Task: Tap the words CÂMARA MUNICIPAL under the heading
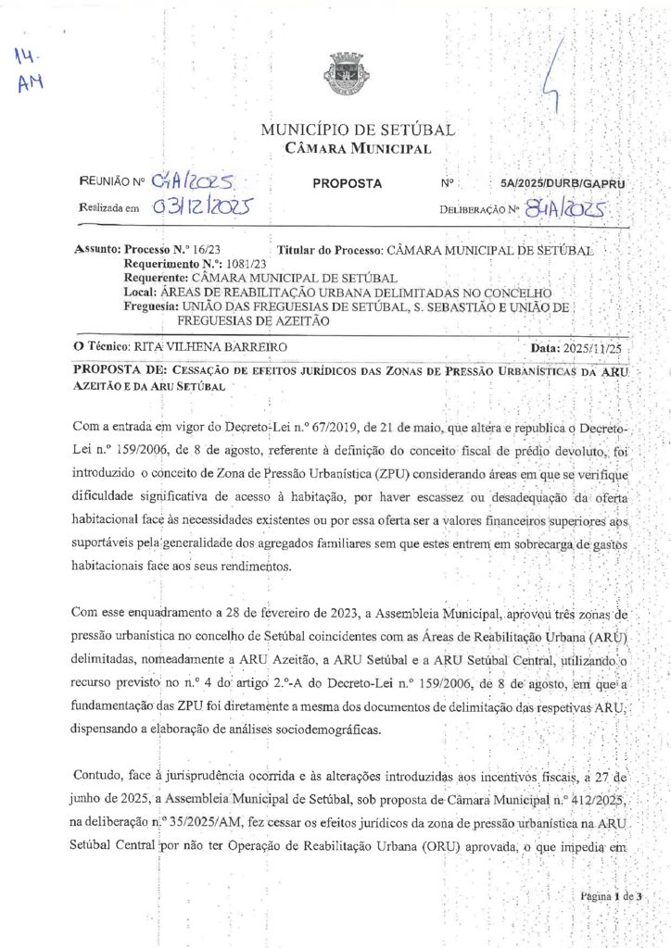(x=358, y=148)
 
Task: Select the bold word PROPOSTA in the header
(x=347, y=183)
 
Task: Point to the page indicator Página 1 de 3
(x=611, y=896)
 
